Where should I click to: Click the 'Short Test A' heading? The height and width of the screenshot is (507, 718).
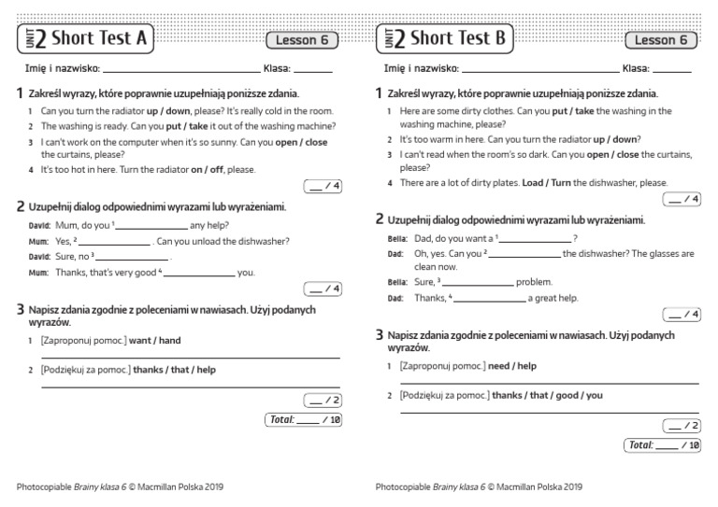pyautogui.click(x=99, y=38)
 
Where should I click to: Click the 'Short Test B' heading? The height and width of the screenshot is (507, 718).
pyautogui.click(x=458, y=38)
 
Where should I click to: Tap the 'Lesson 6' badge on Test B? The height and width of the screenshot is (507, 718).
pyautogui.click(x=661, y=40)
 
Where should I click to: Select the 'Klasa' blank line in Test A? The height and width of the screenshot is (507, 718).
pyautogui.click(x=313, y=69)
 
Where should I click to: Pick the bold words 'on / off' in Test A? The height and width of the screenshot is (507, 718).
pyautogui.click(x=208, y=170)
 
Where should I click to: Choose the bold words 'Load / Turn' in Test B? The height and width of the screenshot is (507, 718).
pyautogui.click(x=546, y=183)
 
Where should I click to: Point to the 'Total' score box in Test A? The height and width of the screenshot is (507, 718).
pyautogui.click(x=304, y=420)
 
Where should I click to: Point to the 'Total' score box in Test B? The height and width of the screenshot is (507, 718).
pyautogui.click(x=663, y=445)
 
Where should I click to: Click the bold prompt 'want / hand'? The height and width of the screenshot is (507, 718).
pyautogui.click(x=154, y=341)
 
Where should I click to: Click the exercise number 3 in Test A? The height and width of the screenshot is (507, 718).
pyautogui.click(x=21, y=309)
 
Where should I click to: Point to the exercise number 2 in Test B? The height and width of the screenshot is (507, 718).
pyautogui.click(x=380, y=219)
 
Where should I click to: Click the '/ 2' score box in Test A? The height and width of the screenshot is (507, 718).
pyautogui.click(x=323, y=401)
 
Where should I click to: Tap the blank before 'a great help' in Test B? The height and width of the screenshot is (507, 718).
pyautogui.click(x=490, y=299)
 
